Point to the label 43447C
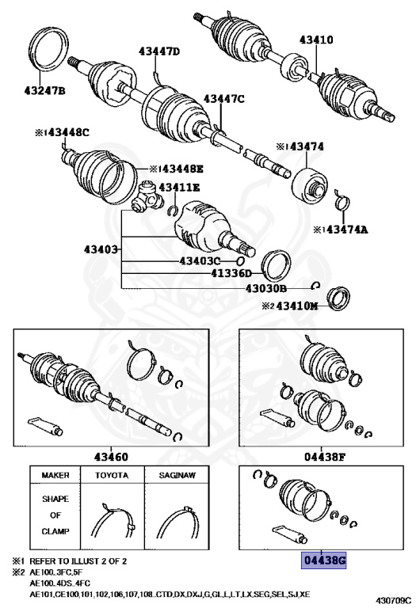tap(224, 98)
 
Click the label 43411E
tap(179, 187)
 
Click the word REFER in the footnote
tap(45, 561)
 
